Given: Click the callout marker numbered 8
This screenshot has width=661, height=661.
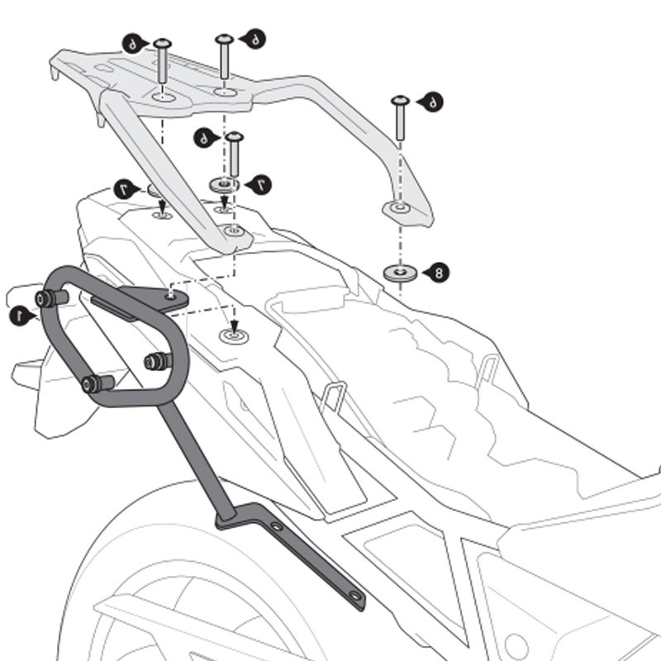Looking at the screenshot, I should click(438, 271).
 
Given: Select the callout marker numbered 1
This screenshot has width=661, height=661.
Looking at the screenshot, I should click(17, 315).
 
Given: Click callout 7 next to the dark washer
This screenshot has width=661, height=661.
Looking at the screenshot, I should click(263, 183).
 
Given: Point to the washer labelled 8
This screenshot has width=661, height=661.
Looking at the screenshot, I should click(400, 272).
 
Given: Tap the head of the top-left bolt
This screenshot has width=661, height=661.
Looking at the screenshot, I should click(161, 44).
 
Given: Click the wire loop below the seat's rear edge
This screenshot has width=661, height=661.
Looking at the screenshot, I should click(333, 396).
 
